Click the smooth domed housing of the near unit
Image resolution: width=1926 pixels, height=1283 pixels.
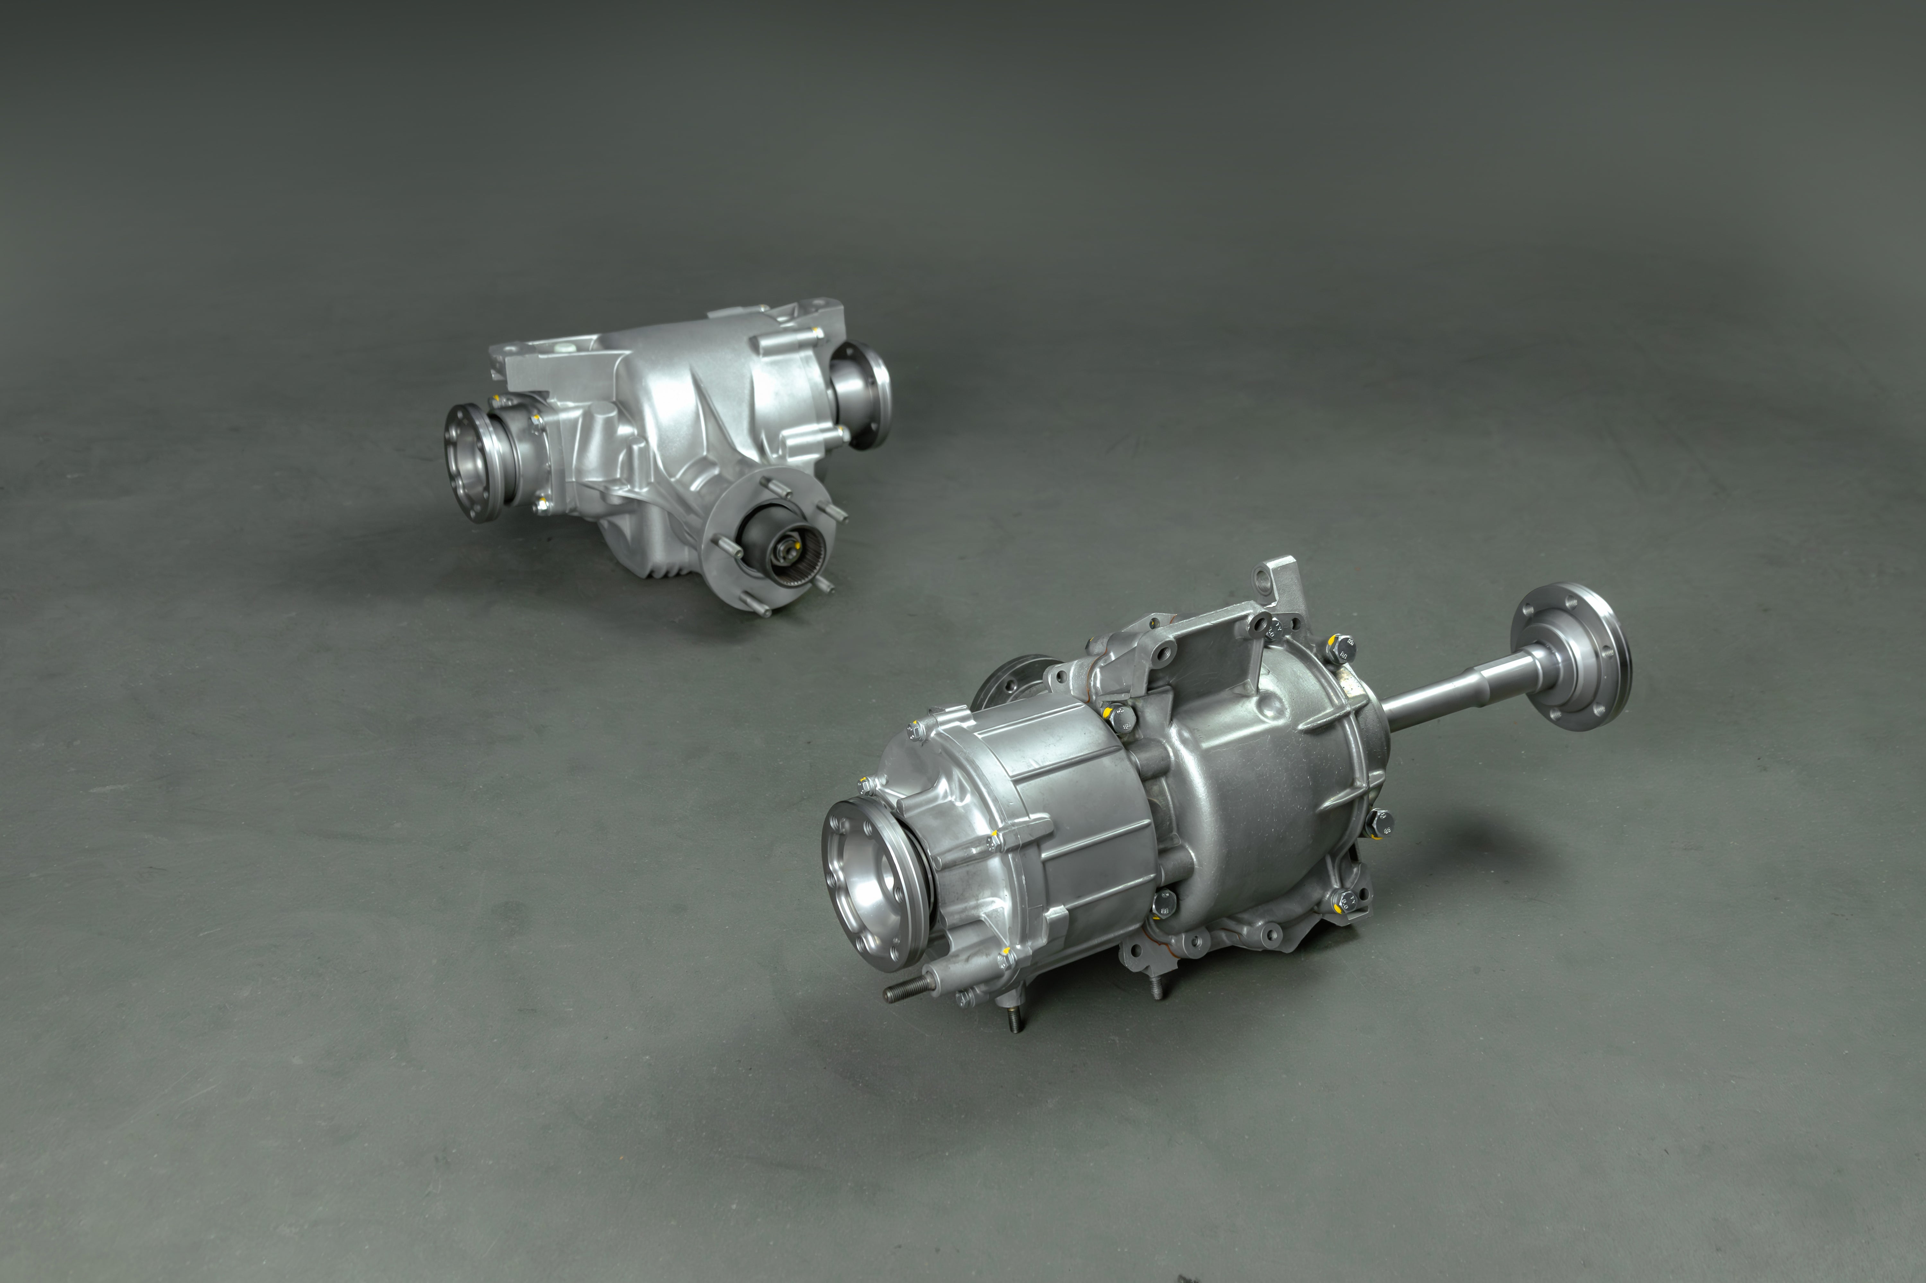click(x=1261, y=761)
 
